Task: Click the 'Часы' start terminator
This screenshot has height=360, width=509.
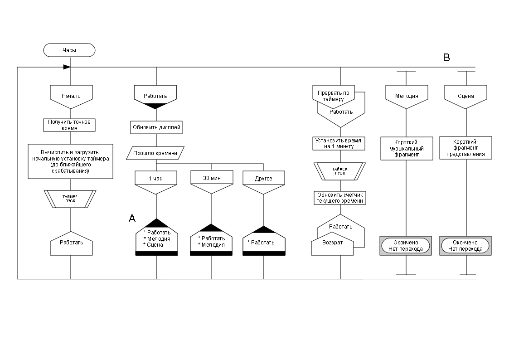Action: click(69, 50)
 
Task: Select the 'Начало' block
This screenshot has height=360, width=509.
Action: click(70, 96)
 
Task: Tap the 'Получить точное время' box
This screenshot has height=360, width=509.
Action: click(70, 125)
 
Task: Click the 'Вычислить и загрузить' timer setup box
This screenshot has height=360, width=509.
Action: click(70, 161)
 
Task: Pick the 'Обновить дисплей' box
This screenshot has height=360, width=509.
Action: click(156, 127)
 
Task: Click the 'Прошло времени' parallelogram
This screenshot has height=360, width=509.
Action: click(155, 153)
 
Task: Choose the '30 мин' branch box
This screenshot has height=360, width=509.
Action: click(211, 178)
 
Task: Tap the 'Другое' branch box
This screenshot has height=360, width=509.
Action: click(263, 178)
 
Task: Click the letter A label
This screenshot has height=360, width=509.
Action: click(132, 219)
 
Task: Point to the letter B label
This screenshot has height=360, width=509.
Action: click(446, 58)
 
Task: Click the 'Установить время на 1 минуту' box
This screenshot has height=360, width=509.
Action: click(340, 144)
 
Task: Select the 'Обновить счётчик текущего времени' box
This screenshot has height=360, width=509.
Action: click(340, 198)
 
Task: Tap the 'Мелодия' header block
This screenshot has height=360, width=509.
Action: click(406, 96)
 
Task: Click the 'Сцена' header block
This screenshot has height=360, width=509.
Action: click(466, 96)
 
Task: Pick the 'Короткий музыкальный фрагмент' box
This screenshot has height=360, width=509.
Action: click(406, 148)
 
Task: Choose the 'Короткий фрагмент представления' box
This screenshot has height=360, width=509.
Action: click(465, 148)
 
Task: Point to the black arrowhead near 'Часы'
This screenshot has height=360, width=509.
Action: click(67, 67)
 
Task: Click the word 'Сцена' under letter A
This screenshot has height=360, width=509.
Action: click(155, 245)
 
